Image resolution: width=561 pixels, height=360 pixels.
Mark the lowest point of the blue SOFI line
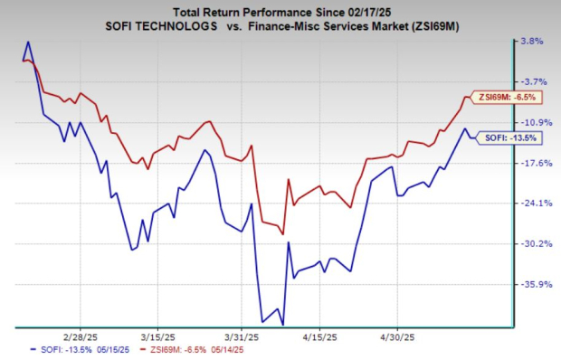tap(283, 325)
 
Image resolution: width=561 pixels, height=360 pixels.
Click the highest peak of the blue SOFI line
tap(28, 42)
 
